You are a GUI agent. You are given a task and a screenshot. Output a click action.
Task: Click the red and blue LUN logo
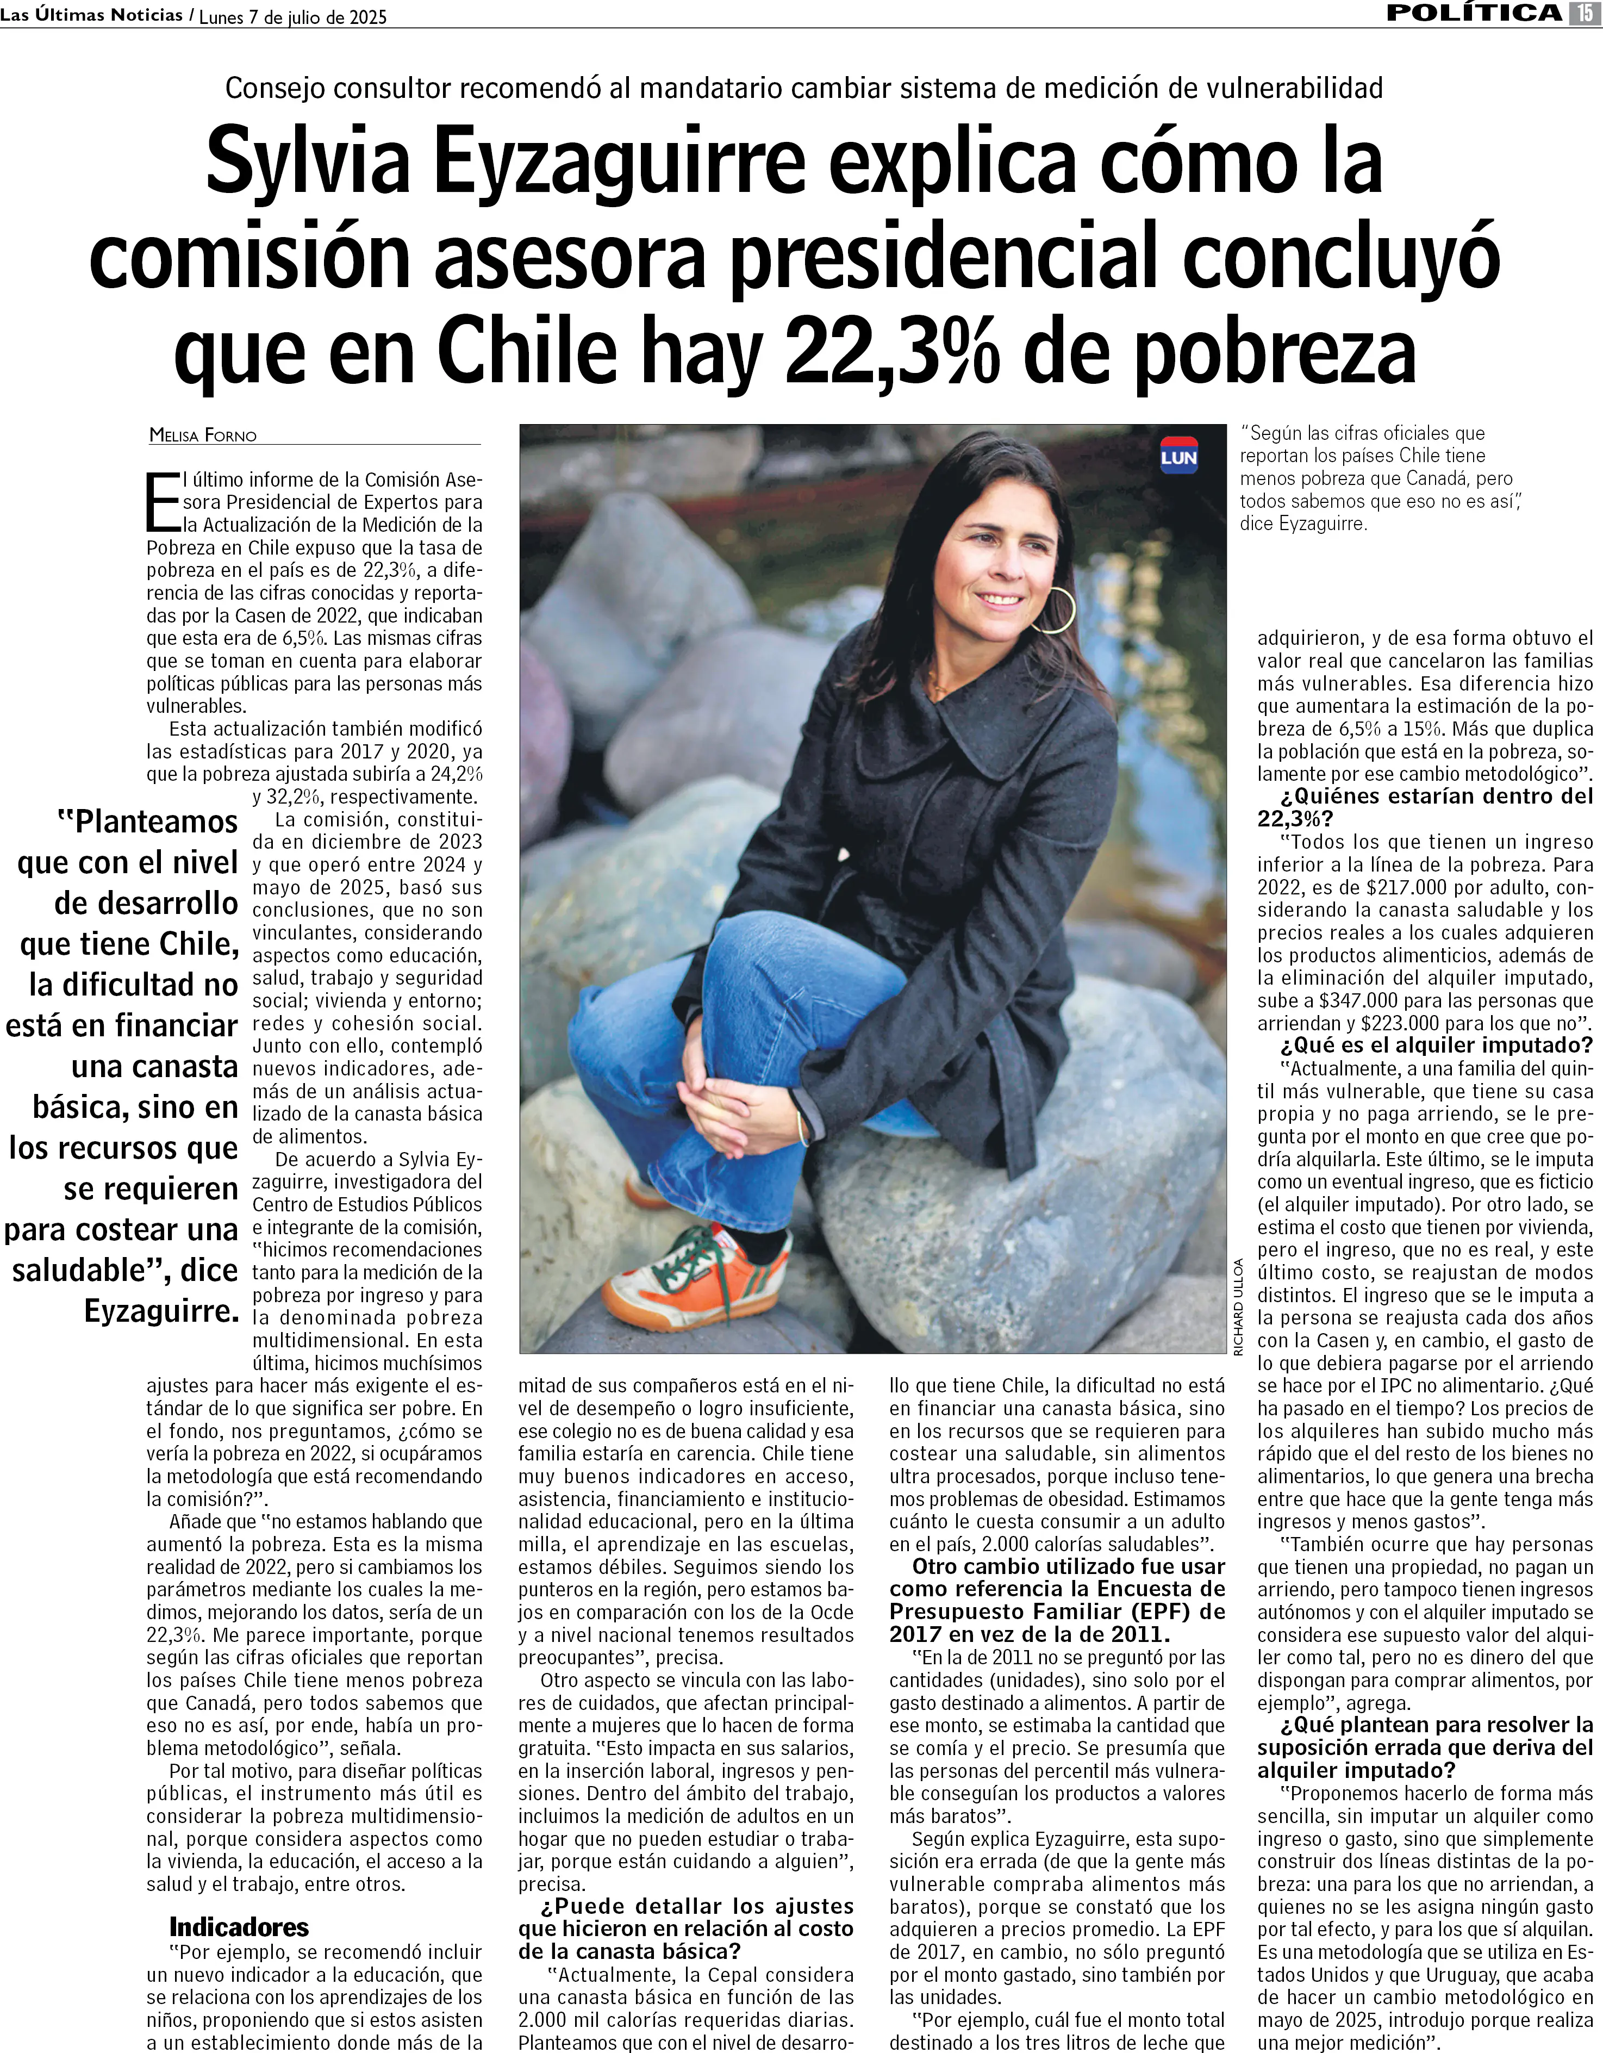(x=1178, y=456)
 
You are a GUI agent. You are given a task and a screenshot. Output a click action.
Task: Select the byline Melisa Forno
(x=203, y=435)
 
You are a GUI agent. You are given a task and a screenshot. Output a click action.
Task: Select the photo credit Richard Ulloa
(x=1238, y=1307)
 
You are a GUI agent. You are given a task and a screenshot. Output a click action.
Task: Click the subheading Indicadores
(x=239, y=1927)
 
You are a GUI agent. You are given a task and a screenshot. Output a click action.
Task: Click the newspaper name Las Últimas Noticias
(x=91, y=15)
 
